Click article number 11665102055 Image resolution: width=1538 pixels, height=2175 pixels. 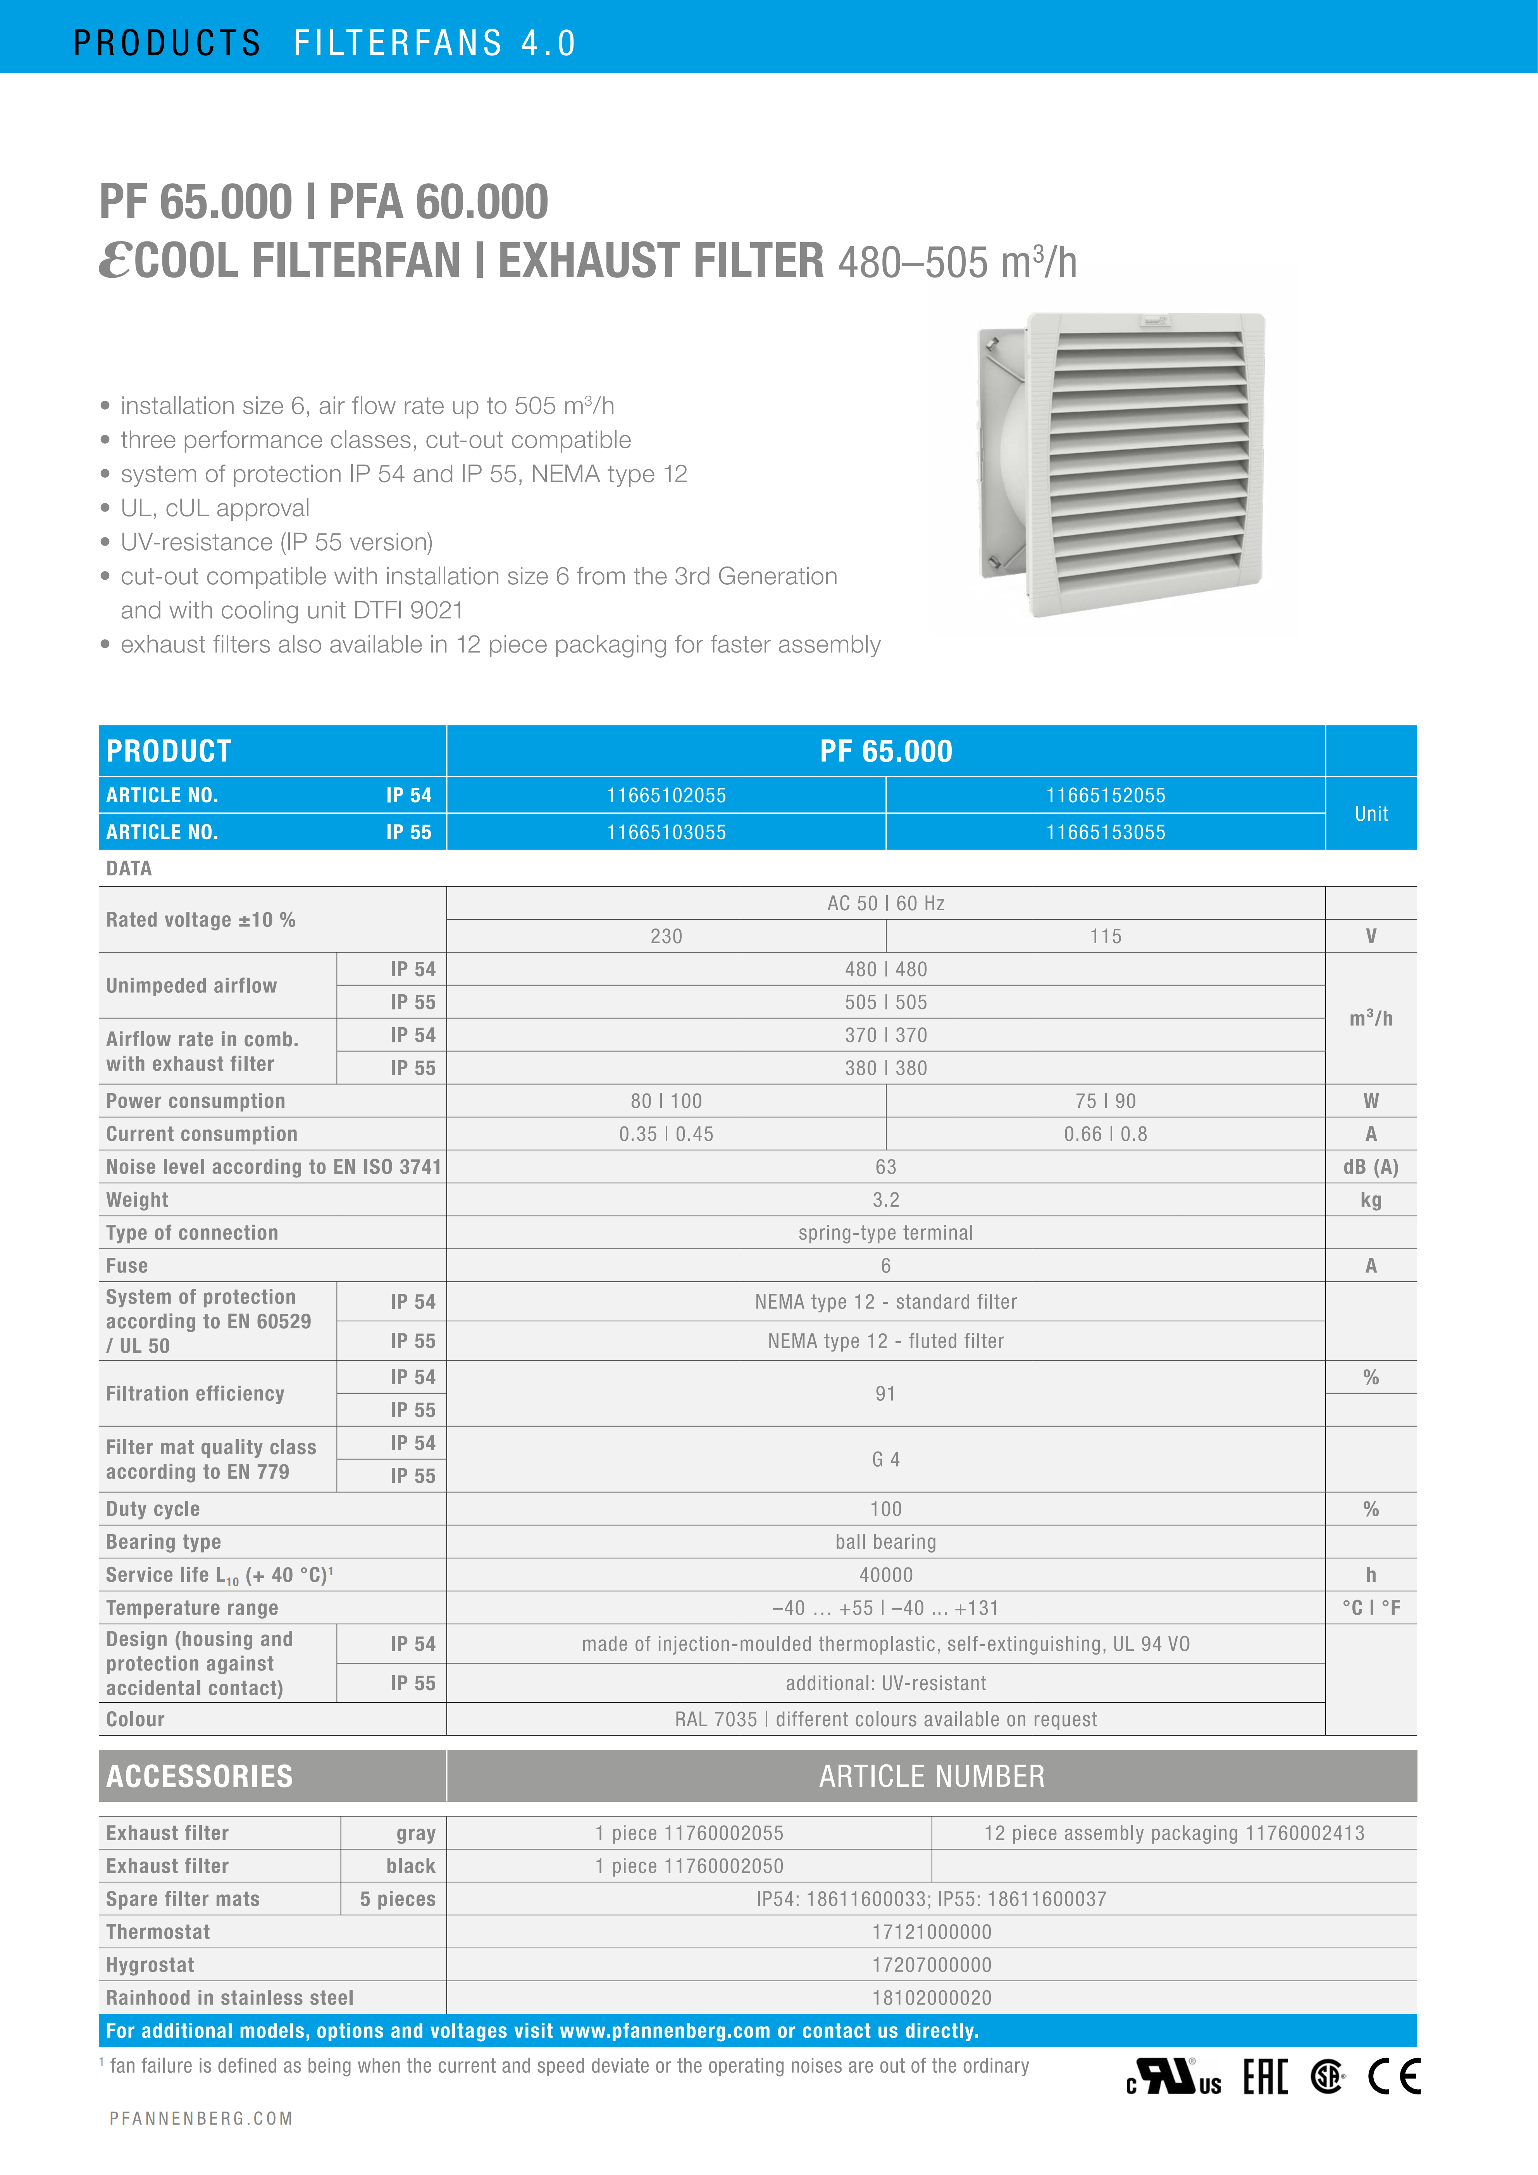666,796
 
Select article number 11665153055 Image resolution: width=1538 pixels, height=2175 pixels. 1105,833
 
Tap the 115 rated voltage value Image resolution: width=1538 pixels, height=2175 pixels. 1105,936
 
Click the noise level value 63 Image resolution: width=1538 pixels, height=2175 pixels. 885,1167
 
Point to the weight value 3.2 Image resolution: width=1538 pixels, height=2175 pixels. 885,1200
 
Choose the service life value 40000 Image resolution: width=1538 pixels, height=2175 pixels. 885,1576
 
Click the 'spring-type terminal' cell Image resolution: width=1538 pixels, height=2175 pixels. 885,1233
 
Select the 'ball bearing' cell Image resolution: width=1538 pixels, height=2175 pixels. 885,1542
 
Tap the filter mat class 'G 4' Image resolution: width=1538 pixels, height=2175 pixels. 885,1460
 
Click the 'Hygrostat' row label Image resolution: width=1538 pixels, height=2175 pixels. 151,1966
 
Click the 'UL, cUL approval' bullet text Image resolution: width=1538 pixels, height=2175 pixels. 215,509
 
